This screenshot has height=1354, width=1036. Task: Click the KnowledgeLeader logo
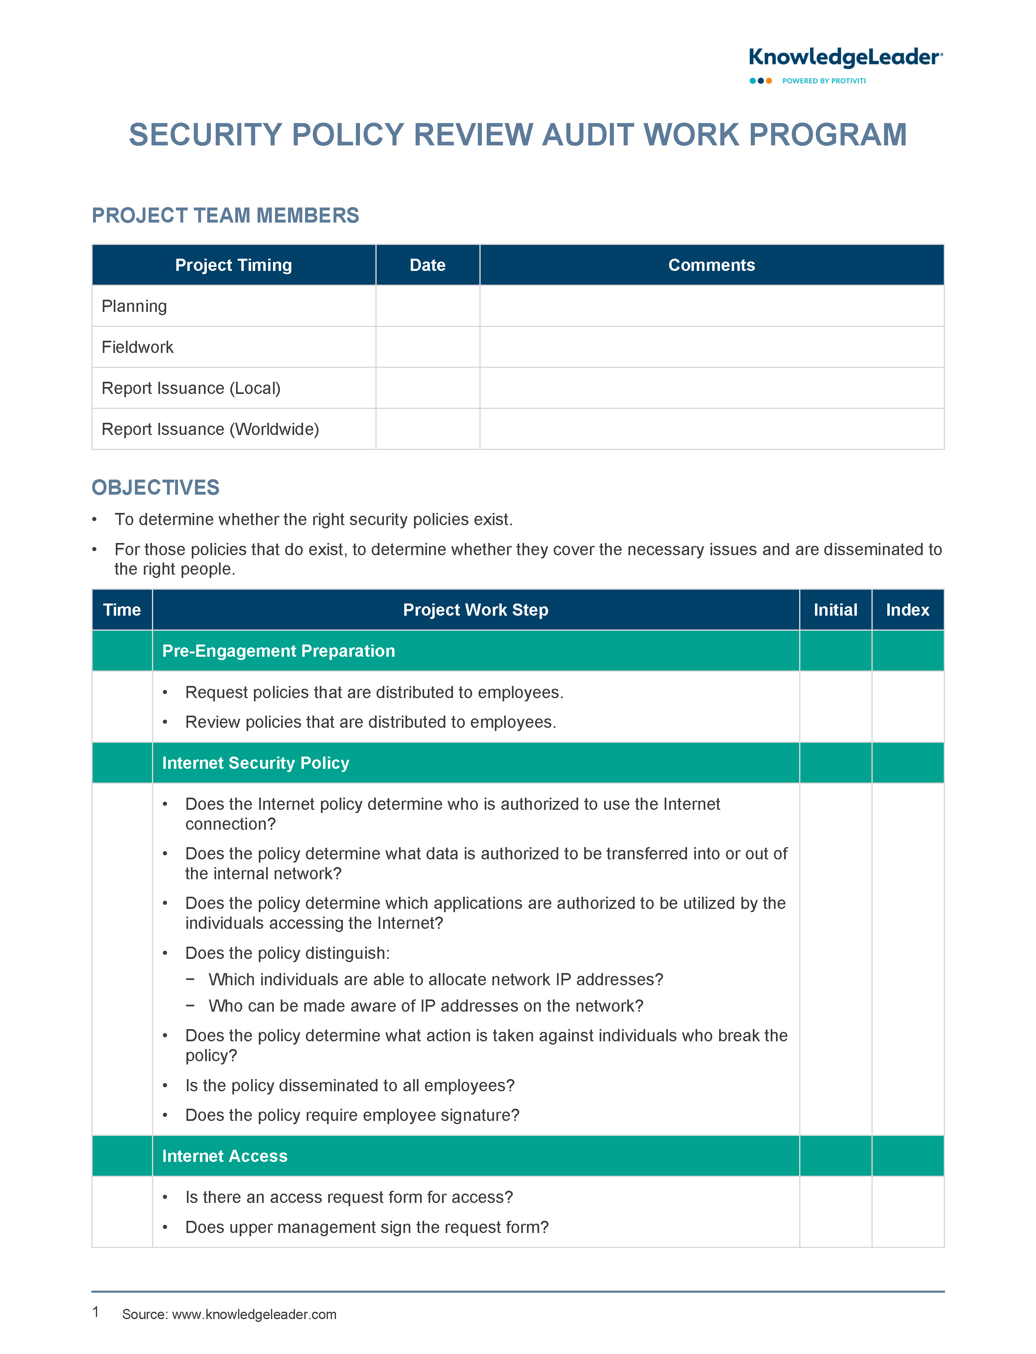pos(845,58)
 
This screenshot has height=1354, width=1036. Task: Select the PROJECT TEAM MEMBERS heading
pos(225,216)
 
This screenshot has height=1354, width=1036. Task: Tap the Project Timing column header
pos(233,265)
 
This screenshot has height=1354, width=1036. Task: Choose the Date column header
pos(427,265)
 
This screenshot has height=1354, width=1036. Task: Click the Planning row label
pos(134,306)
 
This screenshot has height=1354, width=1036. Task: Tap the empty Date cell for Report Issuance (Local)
pos(427,388)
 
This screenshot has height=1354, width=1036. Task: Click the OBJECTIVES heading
pos(155,487)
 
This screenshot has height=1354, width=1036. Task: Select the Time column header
pos(122,610)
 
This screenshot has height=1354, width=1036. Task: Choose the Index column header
pos(907,610)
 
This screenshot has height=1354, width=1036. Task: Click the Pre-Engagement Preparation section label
pos(279,651)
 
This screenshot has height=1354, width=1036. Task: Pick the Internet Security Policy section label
pos(255,763)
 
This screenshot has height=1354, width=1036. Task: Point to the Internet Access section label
pos(224,1156)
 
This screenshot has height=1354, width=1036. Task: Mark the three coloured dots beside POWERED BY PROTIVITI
pos(761,81)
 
